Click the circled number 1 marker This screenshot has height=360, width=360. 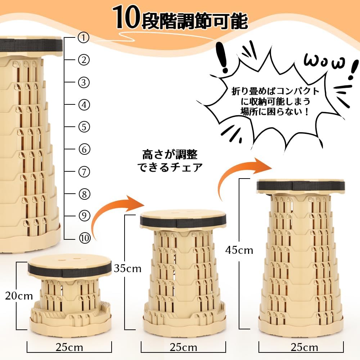tap(84, 37)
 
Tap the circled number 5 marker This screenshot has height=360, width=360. tap(84, 127)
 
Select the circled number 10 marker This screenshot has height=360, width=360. tap(85, 238)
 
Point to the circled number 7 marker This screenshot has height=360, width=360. tap(84, 172)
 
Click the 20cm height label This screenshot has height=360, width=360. tap(19, 296)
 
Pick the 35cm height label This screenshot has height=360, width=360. tap(128, 269)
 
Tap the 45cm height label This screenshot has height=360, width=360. tap(239, 250)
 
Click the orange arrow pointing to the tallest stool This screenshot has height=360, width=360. tap(244, 176)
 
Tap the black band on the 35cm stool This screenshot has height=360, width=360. tap(183, 221)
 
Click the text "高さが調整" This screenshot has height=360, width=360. tap(170, 155)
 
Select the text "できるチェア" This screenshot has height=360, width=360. tap(170, 167)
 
